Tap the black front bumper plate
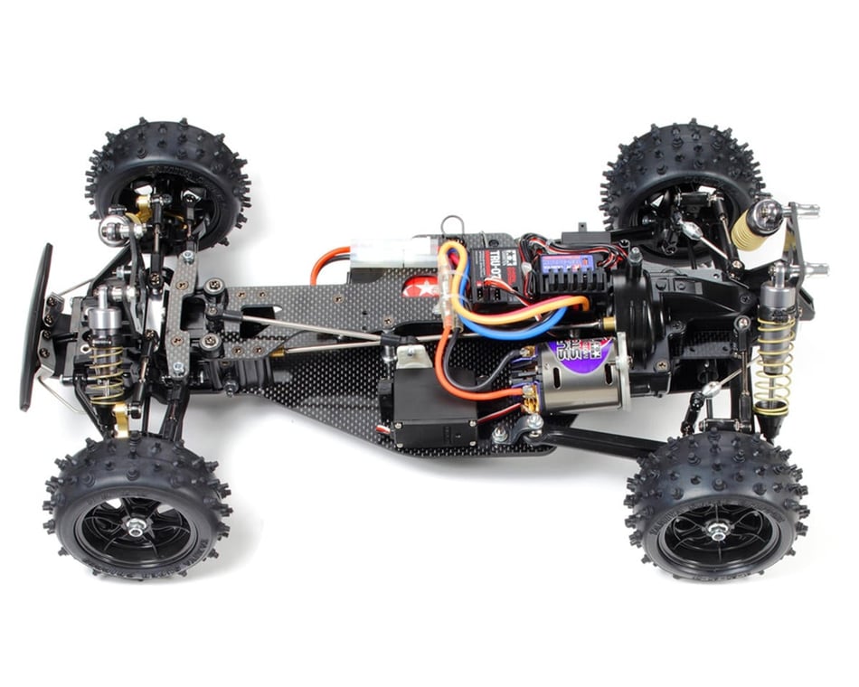(x=36, y=325)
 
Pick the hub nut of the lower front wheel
(x=137, y=525)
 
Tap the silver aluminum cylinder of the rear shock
(x=776, y=294)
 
